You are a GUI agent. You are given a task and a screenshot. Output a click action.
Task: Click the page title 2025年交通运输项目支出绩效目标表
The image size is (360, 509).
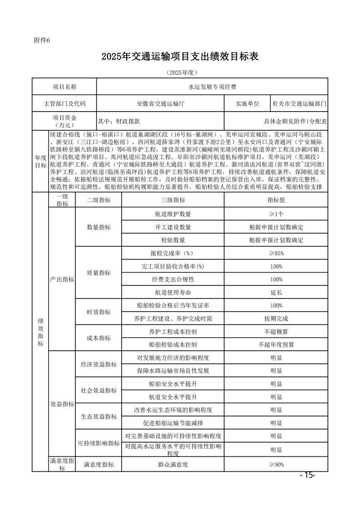180,57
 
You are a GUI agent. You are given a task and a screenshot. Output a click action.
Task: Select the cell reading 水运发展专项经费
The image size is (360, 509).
212,86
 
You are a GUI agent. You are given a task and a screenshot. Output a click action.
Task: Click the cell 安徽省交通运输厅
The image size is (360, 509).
161,103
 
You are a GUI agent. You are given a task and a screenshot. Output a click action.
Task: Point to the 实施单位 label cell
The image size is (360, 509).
247,103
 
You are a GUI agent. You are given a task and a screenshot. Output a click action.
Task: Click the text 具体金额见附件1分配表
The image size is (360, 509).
296,121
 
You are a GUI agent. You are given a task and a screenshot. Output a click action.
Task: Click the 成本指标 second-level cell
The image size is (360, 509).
99,338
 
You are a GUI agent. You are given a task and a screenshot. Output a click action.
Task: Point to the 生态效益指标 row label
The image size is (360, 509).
99,416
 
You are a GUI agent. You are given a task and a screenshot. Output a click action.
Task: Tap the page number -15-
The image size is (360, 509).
307,475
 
